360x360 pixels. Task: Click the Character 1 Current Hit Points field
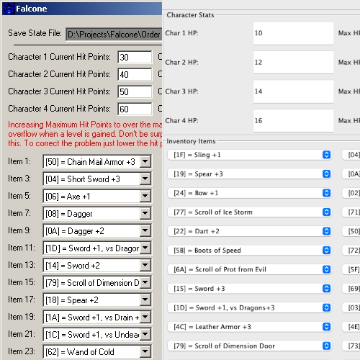tap(133, 58)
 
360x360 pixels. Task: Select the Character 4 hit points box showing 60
tap(133, 109)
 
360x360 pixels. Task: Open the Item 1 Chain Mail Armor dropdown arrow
tap(145, 162)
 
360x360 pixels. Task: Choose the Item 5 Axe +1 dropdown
tap(91, 197)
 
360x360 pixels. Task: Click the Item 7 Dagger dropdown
tap(91, 214)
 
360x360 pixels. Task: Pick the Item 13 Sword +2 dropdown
tap(91, 266)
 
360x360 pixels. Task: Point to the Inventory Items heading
tap(191, 141)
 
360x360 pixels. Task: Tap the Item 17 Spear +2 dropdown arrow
tap(145, 300)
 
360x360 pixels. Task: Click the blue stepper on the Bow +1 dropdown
tap(326, 193)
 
